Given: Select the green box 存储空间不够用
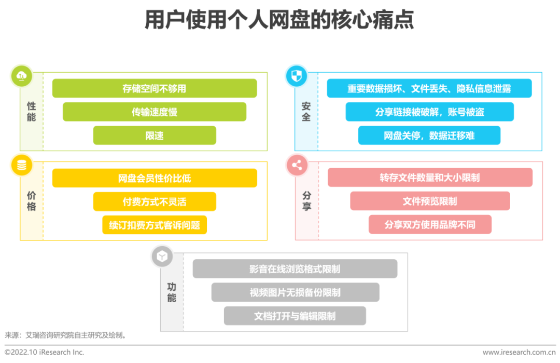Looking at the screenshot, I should pyautogui.click(x=155, y=88).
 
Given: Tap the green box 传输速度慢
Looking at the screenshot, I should pyautogui.click(x=155, y=112).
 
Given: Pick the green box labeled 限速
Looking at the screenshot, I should pyautogui.click(x=155, y=136).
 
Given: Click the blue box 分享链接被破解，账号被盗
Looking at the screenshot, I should pyautogui.click(x=429, y=112).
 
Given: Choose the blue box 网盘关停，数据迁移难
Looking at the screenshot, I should pyautogui.click(x=429, y=136).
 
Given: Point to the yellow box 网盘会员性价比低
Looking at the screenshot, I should pyautogui.click(x=155, y=178).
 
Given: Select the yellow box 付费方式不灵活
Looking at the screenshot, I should pyautogui.click(x=155, y=201).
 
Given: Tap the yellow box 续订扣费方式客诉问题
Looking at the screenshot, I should pyautogui.click(x=155, y=225).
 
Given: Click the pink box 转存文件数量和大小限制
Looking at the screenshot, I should pyautogui.click(x=430, y=178).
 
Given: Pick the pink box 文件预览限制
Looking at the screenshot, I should pyautogui.click(x=430, y=201).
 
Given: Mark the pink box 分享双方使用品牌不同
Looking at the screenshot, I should pyautogui.click(x=430, y=225).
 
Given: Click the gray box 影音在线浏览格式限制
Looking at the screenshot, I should pyautogui.click(x=295, y=269).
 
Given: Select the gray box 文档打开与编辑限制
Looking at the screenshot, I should pyautogui.click(x=295, y=316).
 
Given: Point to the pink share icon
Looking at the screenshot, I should pyautogui.click(x=297, y=166).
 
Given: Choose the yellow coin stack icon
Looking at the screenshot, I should pyautogui.click(x=21, y=166).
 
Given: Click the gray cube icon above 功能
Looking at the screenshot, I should pyautogui.click(x=162, y=257).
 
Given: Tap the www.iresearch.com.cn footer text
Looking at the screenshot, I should pyautogui.click(x=519, y=352).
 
